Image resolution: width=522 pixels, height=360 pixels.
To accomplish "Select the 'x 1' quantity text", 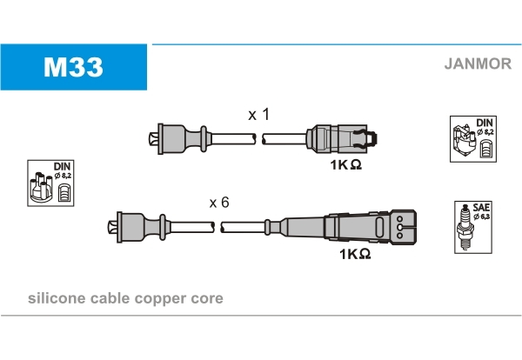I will point(258,114).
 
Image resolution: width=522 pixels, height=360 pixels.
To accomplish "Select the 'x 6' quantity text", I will point(218,203).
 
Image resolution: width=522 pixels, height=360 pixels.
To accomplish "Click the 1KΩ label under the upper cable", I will point(345,164).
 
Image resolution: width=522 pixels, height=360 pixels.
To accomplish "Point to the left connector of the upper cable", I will point(178,138).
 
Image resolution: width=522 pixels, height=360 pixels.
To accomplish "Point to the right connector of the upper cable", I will point(344,138).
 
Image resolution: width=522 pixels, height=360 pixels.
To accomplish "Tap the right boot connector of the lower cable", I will point(365,227).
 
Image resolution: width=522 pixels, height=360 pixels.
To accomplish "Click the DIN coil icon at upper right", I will point(474,138).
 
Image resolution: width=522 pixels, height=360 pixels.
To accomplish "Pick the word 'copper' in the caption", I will point(168,298).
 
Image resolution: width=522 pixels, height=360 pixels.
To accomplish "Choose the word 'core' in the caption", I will point(208,298).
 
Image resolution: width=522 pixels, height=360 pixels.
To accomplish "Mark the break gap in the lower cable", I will point(218,227).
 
